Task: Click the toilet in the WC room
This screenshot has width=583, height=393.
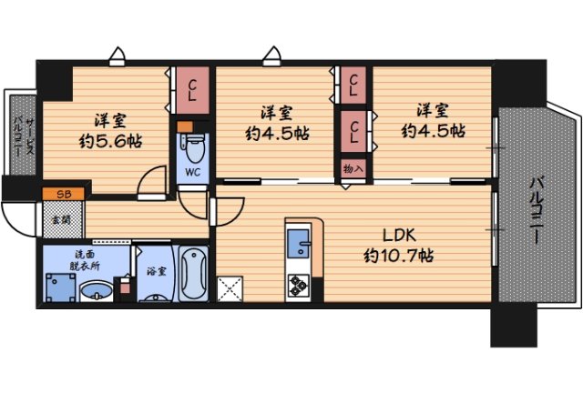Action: [194, 148]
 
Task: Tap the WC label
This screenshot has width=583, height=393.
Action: [192, 172]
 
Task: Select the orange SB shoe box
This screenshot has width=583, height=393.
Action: [63, 194]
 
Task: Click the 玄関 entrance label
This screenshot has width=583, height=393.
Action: [61, 220]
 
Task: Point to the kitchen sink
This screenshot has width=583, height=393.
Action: [299, 243]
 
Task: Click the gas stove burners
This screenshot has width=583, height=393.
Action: [298, 286]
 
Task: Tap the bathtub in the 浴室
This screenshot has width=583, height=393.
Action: [193, 274]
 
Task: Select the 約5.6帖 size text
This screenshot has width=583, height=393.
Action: [110, 142]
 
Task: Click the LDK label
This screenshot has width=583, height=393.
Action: [399, 235]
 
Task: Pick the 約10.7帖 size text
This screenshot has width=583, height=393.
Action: [399, 256]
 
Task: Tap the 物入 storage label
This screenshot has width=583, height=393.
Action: [353, 169]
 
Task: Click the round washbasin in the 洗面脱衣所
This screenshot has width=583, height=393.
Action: [97, 291]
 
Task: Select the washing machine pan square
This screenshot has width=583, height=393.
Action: [60, 287]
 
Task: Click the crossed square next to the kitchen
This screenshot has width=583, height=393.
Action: [230, 288]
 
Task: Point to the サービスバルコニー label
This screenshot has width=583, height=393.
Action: [24, 135]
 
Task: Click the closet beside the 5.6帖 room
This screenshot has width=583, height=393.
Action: [192, 90]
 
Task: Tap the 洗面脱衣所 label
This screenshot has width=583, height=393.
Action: [85, 260]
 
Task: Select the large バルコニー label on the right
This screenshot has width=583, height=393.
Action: [537, 210]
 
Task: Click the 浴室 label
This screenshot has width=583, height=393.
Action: [156, 271]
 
